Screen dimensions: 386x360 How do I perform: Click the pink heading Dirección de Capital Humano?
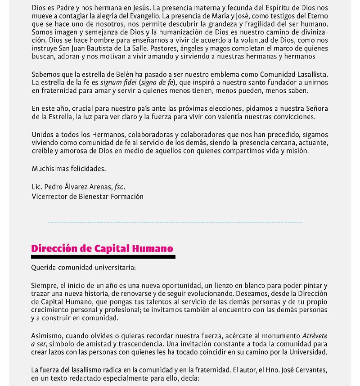pos(102,248)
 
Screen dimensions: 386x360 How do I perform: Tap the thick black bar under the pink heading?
pos(103,257)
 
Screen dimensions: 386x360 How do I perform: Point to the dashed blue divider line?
pos(175,222)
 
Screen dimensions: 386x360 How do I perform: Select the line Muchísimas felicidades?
pos(68,169)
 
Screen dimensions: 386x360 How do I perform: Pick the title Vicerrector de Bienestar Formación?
pos(87,196)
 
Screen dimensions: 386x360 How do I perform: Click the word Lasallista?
pos(310,74)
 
